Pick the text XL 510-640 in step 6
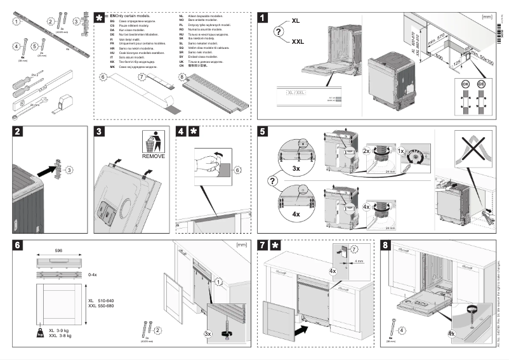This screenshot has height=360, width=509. tap(102, 301)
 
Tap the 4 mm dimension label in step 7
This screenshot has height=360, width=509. tap(360, 261)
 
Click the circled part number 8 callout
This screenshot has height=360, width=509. tap(183, 77)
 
